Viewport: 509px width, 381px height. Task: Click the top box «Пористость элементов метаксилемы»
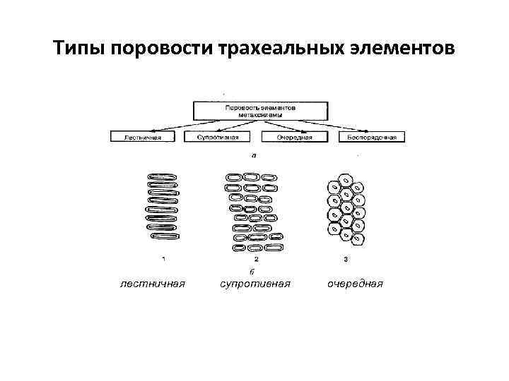pos(261,110)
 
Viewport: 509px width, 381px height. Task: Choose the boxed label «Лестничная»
pos(143,137)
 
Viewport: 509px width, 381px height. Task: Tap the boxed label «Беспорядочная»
pos(372,137)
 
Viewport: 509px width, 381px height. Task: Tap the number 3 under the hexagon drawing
pos(344,259)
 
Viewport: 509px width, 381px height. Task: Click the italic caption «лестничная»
pos(153,284)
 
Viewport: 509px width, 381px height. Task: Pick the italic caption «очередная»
pos(355,284)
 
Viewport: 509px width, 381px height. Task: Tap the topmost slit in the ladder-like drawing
pos(162,174)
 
